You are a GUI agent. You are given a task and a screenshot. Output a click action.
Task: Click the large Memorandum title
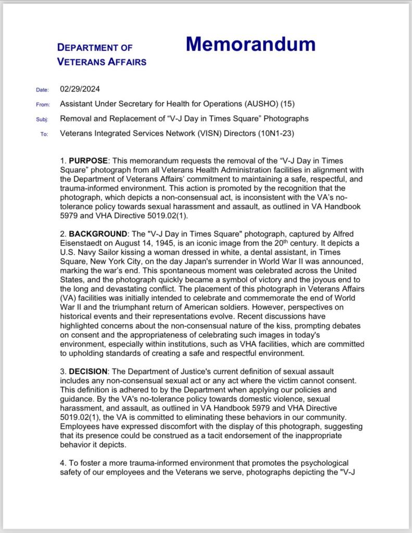(x=251, y=44)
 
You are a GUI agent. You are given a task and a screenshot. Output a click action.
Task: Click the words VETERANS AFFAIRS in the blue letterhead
(x=102, y=62)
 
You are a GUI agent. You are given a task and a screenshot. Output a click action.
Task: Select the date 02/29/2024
(x=80, y=89)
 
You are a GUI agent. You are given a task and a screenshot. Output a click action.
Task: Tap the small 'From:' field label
(x=43, y=105)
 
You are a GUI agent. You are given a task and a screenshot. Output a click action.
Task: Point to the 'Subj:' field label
(x=43, y=119)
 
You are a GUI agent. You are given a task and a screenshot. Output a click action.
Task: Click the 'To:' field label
(x=44, y=134)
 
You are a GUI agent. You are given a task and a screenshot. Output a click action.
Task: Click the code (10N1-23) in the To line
(x=276, y=133)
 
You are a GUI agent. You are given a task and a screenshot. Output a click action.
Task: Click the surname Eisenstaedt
(x=82, y=243)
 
